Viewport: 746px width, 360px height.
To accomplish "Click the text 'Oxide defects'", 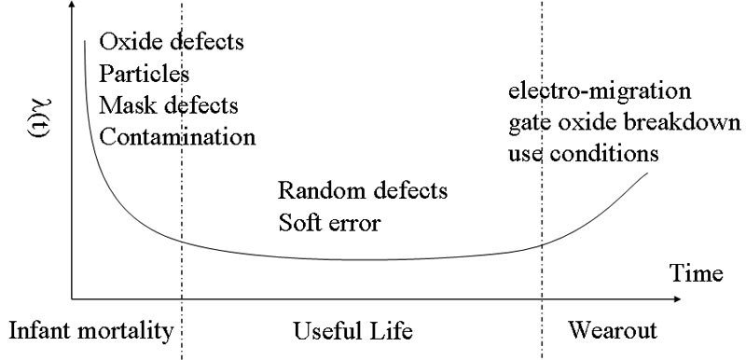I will pyautogui.click(x=173, y=43).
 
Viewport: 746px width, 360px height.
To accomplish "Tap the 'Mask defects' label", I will pyautogui.click(x=169, y=105).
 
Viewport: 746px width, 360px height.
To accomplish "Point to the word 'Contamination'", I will pyautogui.click(x=177, y=137).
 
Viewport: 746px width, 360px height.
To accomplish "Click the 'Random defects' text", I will pyautogui.click(x=364, y=191).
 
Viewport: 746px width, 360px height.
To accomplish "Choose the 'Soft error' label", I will pyautogui.click(x=331, y=223).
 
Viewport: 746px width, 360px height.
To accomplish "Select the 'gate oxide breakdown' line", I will pyautogui.click(x=624, y=122).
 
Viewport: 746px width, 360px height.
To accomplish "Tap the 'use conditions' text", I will pyautogui.click(x=584, y=153).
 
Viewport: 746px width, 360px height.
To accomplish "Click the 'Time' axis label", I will pyautogui.click(x=697, y=273).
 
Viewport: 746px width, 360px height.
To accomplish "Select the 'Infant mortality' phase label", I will pyautogui.click(x=91, y=331).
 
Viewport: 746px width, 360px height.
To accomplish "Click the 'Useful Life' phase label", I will pyautogui.click(x=352, y=331).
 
